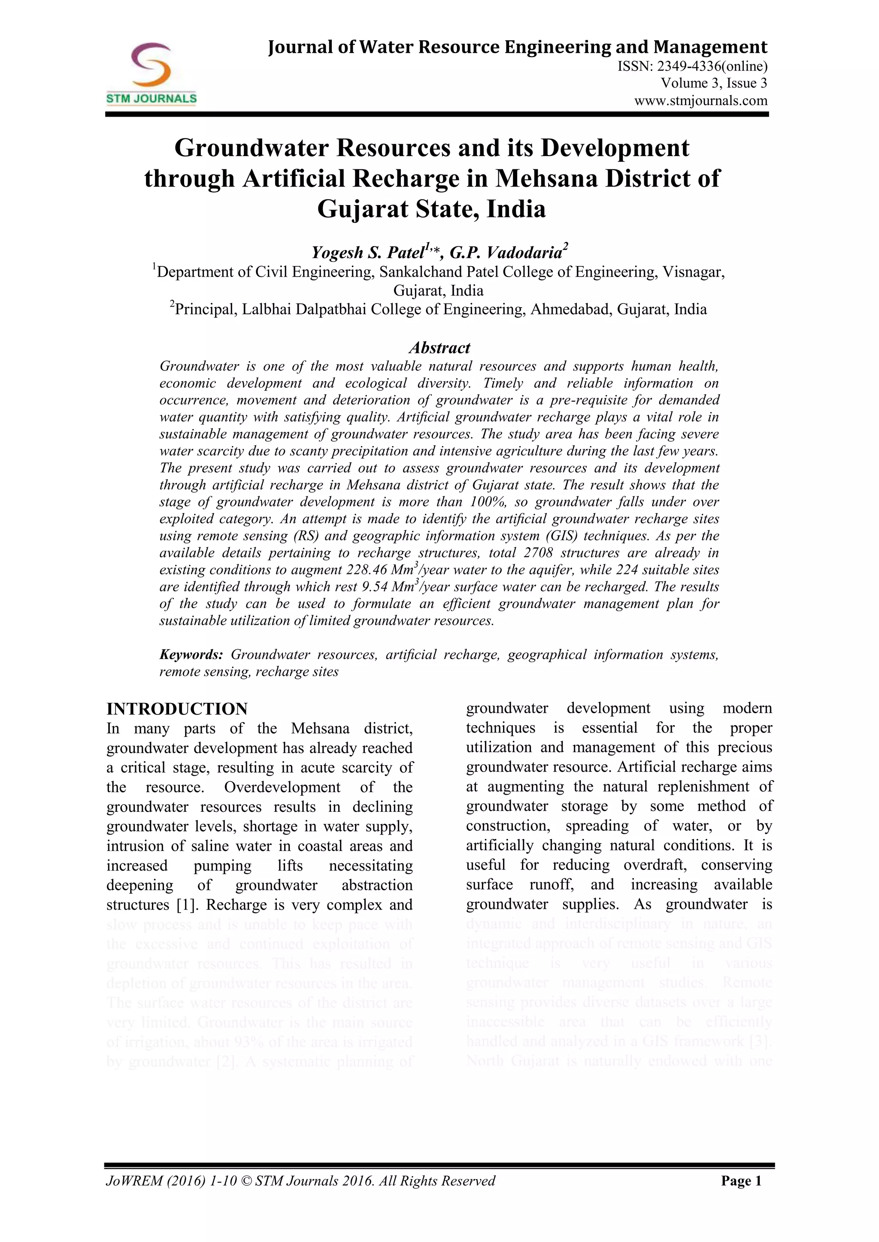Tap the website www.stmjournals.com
click(700, 101)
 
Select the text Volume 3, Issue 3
click(713, 83)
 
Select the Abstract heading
click(439, 348)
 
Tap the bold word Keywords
click(191, 655)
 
